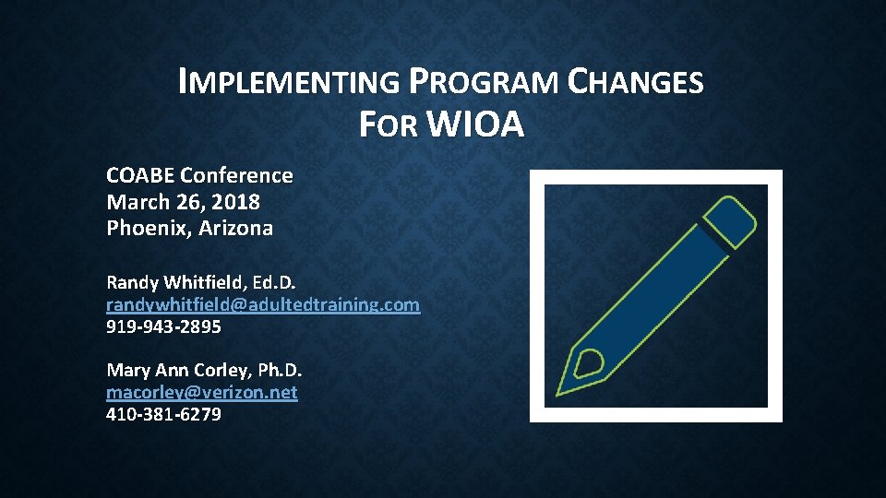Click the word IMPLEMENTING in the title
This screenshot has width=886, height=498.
289,83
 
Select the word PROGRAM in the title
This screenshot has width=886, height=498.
483,83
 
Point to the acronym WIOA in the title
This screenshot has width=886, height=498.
476,125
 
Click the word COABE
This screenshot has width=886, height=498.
140,175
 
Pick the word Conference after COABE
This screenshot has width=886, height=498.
237,175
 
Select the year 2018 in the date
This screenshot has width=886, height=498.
236,202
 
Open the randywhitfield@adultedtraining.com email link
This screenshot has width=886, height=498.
263,304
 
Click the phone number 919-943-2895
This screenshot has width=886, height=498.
163,326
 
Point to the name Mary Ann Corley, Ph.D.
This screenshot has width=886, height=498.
204,371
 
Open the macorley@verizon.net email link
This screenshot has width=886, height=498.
202,393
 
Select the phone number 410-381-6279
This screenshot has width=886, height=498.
163,415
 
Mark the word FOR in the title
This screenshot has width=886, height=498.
389,125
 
